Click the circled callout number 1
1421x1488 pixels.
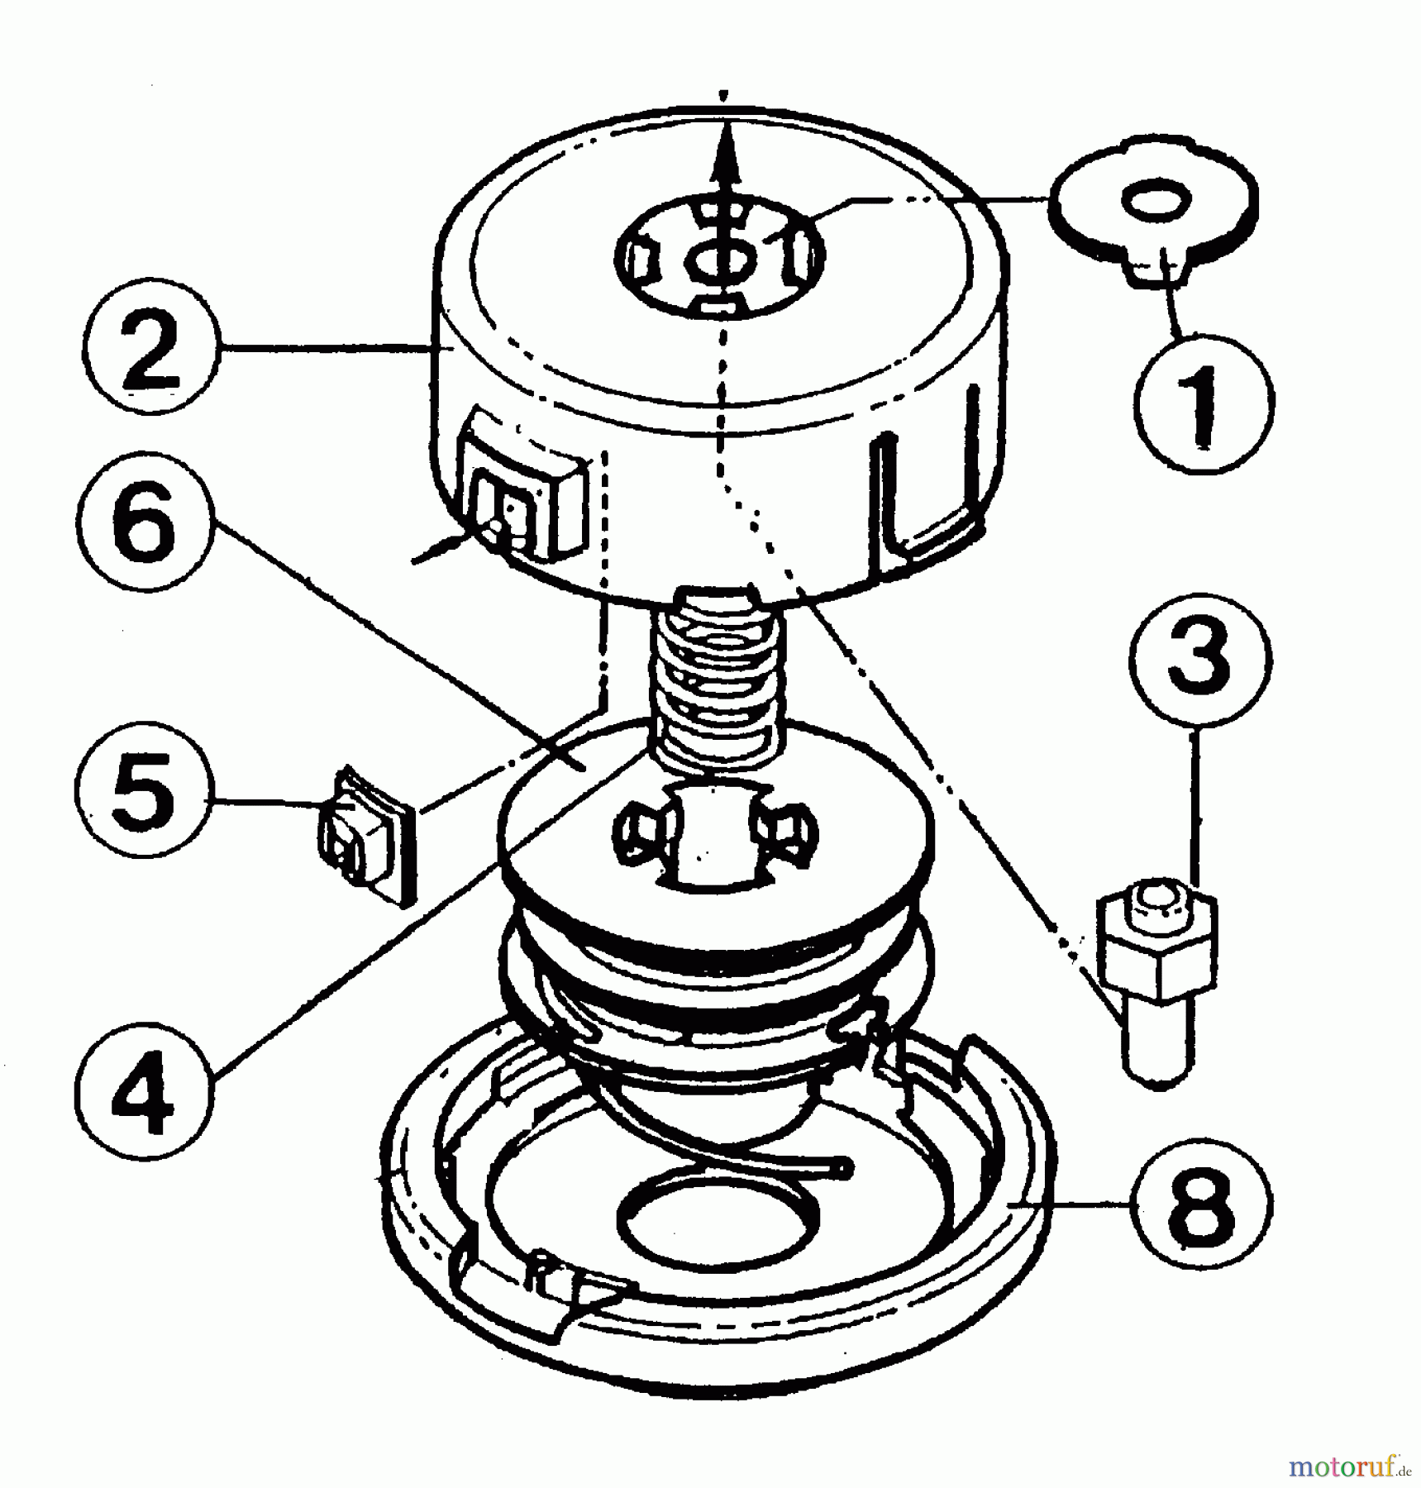[x=1204, y=403]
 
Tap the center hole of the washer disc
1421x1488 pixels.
[x=1155, y=203]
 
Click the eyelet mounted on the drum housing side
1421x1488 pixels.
[x=522, y=504]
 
